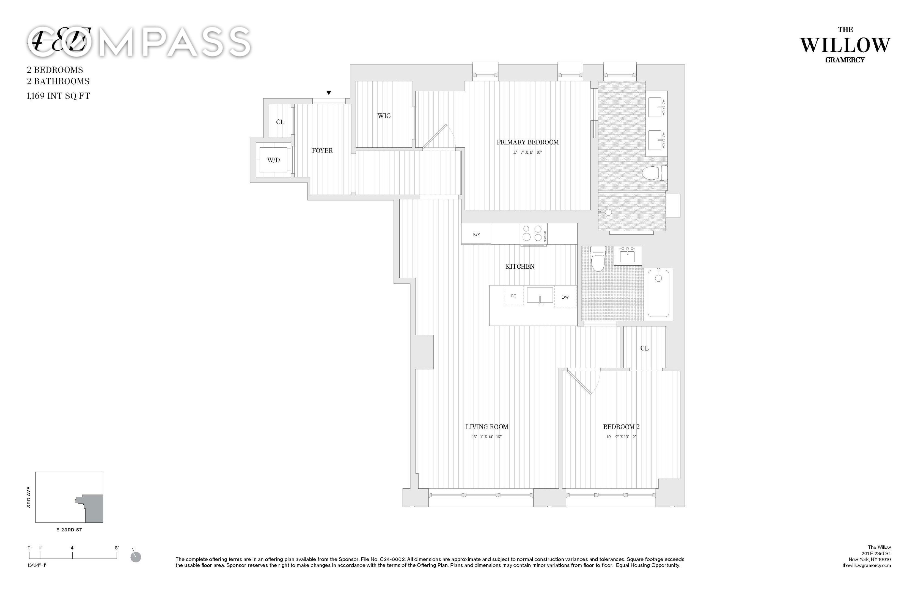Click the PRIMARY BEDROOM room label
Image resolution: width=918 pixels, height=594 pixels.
pyautogui.click(x=527, y=142)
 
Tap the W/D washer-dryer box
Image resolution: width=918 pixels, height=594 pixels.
pyautogui.click(x=273, y=160)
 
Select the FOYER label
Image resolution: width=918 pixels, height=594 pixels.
pyautogui.click(x=322, y=151)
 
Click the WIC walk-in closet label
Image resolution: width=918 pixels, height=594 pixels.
pyautogui.click(x=384, y=116)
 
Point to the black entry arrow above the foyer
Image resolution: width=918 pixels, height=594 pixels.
pyautogui.click(x=329, y=93)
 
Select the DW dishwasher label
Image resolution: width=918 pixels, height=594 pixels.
pyautogui.click(x=565, y=297)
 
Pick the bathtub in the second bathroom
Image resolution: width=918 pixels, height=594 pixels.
pyautogui.click(x=658, y=294)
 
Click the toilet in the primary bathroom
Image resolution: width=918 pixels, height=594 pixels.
pyautogui.click(x=655, y=173)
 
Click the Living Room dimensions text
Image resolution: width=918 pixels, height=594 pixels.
pyautogui.click(x=487, y=437)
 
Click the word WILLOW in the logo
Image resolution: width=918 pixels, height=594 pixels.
pyautogui.click(x=845, y=46)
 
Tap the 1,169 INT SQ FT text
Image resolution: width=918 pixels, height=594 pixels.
pyautogui.click(x=58, y=96)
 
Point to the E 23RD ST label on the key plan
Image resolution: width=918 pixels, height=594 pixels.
pyautogui.click(x=69, y=530)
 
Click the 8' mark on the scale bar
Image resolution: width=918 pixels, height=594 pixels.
pyautogui.click(x=117, y=548)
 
